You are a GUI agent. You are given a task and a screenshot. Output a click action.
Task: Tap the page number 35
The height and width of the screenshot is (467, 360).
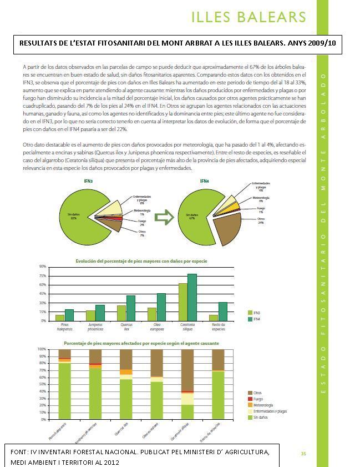tap(303, 454)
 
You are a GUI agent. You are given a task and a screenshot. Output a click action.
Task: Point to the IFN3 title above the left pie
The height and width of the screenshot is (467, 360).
tap(88, 182)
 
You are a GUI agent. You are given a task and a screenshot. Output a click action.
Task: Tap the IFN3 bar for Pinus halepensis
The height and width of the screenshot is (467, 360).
tap(60, 318)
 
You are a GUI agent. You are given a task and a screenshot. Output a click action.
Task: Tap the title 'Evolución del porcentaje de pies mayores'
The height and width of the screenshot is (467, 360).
tap(141, 260)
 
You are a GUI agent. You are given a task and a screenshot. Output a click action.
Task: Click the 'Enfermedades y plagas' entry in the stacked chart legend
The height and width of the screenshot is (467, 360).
tap(269, 411)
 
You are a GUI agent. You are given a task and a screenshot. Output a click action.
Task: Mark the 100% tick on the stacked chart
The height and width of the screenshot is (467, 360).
tap(42, 349)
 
